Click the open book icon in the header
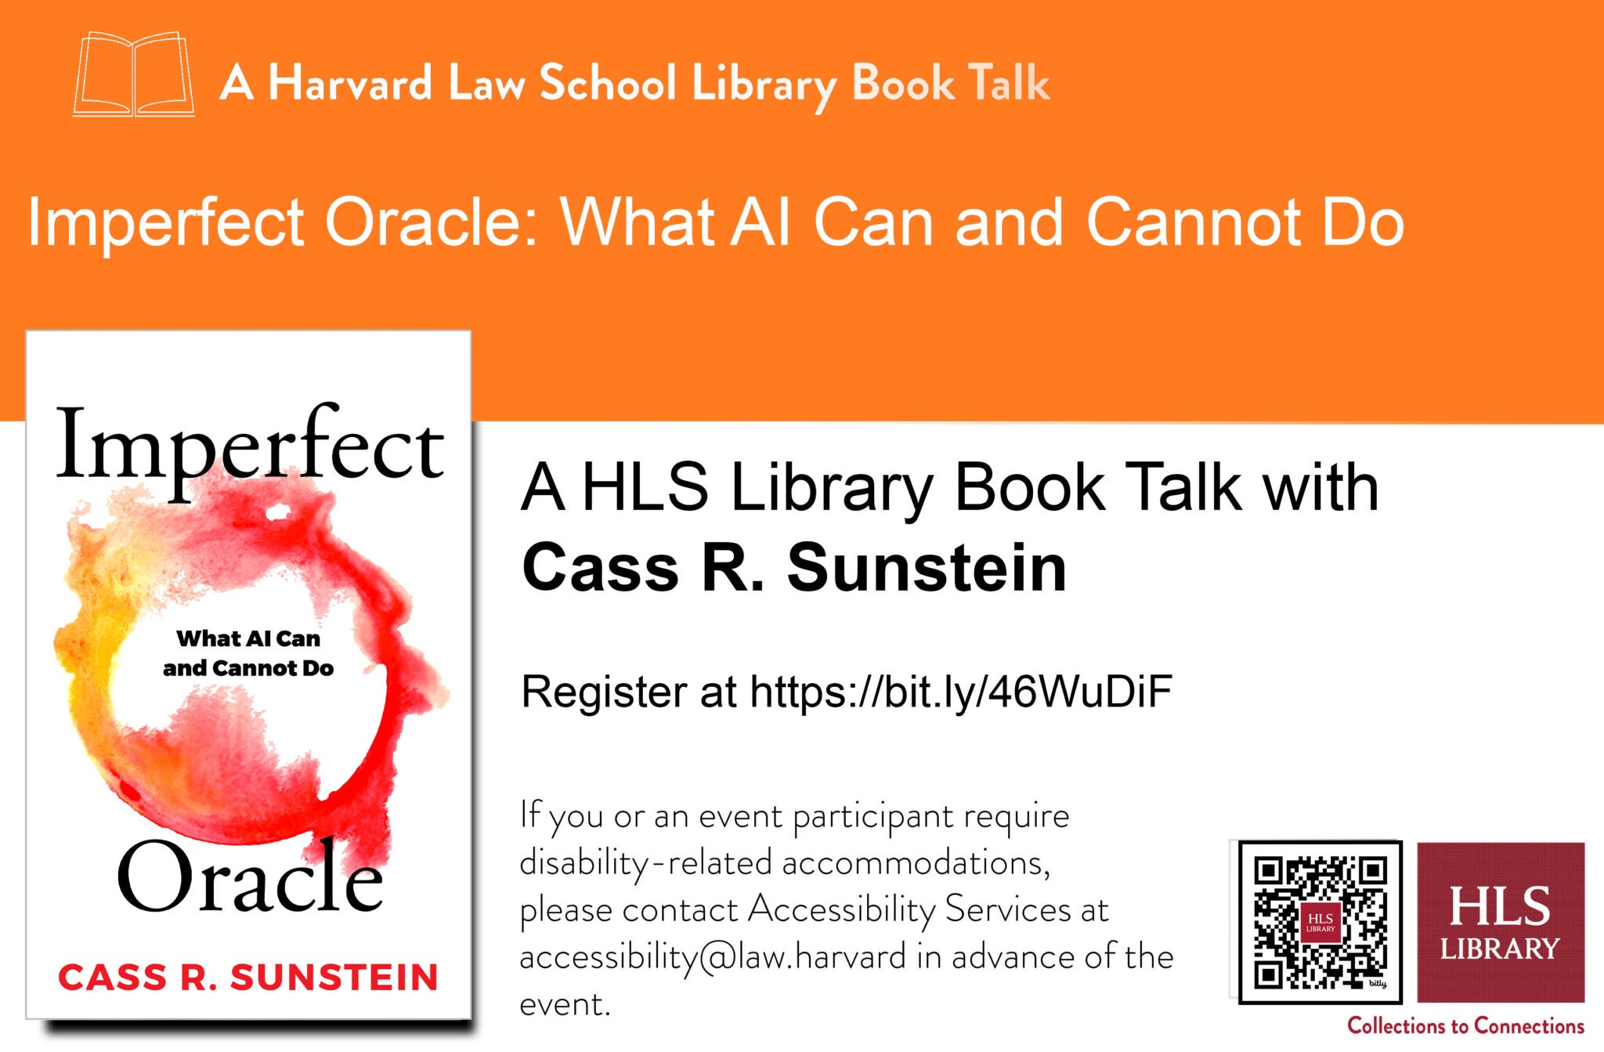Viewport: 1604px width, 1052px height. [134, 75]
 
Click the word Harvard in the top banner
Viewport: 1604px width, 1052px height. [349, 82]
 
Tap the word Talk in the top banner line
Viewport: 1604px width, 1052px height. [1008, 82]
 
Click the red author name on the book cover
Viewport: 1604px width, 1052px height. [248, 977]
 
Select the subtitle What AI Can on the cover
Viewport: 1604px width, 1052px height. [248, 638]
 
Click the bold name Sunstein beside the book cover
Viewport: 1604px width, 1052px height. [927, 567]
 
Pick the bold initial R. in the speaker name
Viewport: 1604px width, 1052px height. [732, 567]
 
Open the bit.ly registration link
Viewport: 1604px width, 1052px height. [961, 692]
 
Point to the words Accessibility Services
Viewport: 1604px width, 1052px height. [909, 909]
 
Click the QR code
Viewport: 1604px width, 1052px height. [1320, 922]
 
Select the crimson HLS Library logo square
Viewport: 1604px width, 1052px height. [1501, 922]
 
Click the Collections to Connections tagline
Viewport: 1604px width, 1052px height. [1465, 1025]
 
